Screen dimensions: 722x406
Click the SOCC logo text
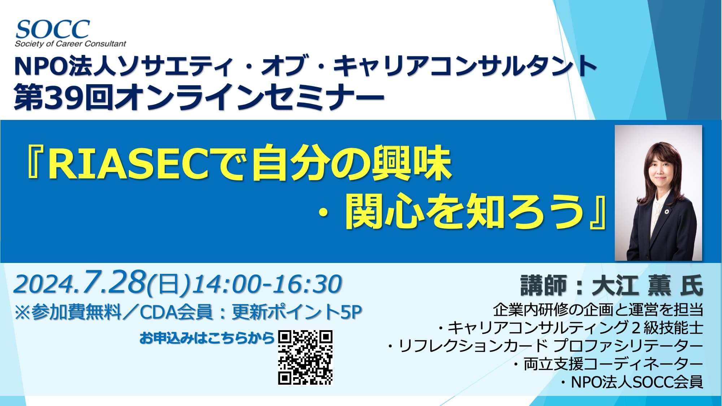[x=53, y=29]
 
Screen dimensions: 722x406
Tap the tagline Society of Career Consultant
[x=70, y=44]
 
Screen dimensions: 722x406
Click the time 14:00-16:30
[x=267, y=284]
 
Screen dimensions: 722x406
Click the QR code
[x=305, y=357]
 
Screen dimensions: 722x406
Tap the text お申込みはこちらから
[x=207, y=338]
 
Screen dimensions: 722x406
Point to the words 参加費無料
[x=76, y=312]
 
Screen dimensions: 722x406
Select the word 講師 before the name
[x=543, y=285]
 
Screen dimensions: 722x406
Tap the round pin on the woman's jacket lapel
[x=667, y=211]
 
